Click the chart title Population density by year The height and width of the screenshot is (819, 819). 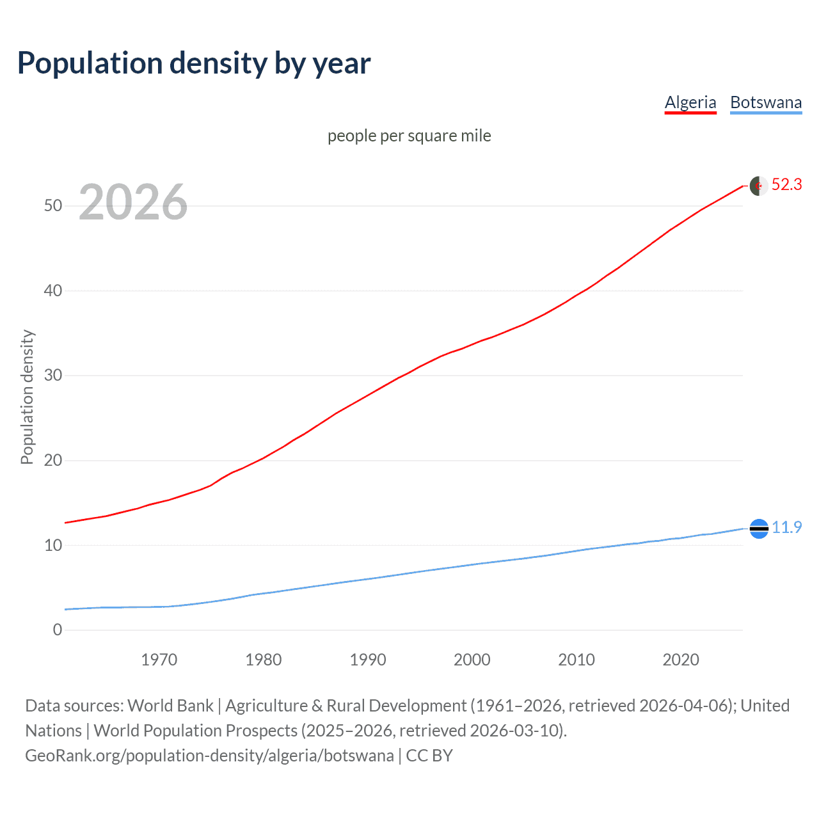point(194,63)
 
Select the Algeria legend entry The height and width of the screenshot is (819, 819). point(690,102)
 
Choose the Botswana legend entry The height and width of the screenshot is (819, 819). point(766,102)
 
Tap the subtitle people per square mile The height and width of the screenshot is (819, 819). point(409,136)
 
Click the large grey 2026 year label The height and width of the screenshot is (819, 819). point(133,202)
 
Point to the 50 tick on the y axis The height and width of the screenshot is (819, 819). point(53,205)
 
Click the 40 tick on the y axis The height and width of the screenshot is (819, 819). point(53,290)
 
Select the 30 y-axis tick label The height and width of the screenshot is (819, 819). point(53,375)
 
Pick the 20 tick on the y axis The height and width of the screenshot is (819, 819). point(53,460)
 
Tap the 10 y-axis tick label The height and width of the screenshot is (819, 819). point(53,545)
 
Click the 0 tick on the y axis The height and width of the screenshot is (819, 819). point(58,630)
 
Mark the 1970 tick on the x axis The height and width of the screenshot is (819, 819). point(159,660)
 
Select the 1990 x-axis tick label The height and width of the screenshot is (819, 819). point(368,660)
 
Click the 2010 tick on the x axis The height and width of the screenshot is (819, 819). point(576,660)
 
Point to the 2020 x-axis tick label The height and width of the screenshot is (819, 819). point(681,660)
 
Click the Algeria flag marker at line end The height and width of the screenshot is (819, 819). point(759,186)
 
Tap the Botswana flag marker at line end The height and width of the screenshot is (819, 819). point(759,529)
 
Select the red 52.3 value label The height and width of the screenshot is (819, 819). point(786,184)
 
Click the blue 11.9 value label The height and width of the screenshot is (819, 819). point(786,527)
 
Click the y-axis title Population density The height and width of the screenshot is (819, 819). point(27,397)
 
